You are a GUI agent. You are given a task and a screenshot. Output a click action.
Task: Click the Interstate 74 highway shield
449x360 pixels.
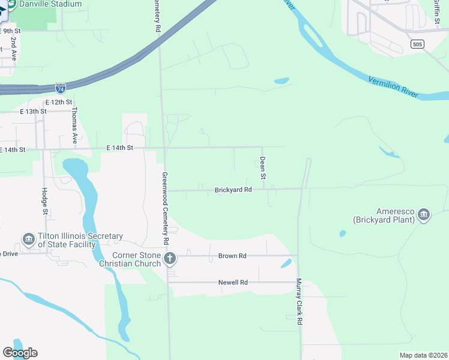coord(60,88)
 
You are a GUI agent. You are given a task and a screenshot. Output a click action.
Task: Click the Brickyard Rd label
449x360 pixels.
coord(233,190)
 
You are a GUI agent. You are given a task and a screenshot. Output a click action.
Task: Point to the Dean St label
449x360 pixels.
coord(262,168)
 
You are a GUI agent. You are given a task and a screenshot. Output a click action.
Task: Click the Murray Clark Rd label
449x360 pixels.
coord(299,302)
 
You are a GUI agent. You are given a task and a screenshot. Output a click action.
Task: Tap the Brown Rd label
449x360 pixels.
coord(234,256)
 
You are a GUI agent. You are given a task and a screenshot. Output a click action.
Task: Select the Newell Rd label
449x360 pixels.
coord(233,282)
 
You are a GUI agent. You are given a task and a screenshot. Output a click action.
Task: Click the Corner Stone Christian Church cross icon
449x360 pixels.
coord(170,259)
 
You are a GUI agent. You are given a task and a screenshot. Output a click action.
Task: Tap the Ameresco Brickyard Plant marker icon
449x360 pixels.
coord(424,215)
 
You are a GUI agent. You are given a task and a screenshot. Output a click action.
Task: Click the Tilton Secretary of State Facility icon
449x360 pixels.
coord(28,240)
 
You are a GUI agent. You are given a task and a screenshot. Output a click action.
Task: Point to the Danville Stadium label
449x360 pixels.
coord(50,4)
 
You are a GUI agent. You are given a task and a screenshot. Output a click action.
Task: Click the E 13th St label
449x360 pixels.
coord(33,112)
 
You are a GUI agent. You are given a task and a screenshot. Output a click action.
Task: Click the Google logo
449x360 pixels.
coord(20,353)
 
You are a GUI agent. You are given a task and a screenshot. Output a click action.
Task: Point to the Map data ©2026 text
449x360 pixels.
coord(423,355)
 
